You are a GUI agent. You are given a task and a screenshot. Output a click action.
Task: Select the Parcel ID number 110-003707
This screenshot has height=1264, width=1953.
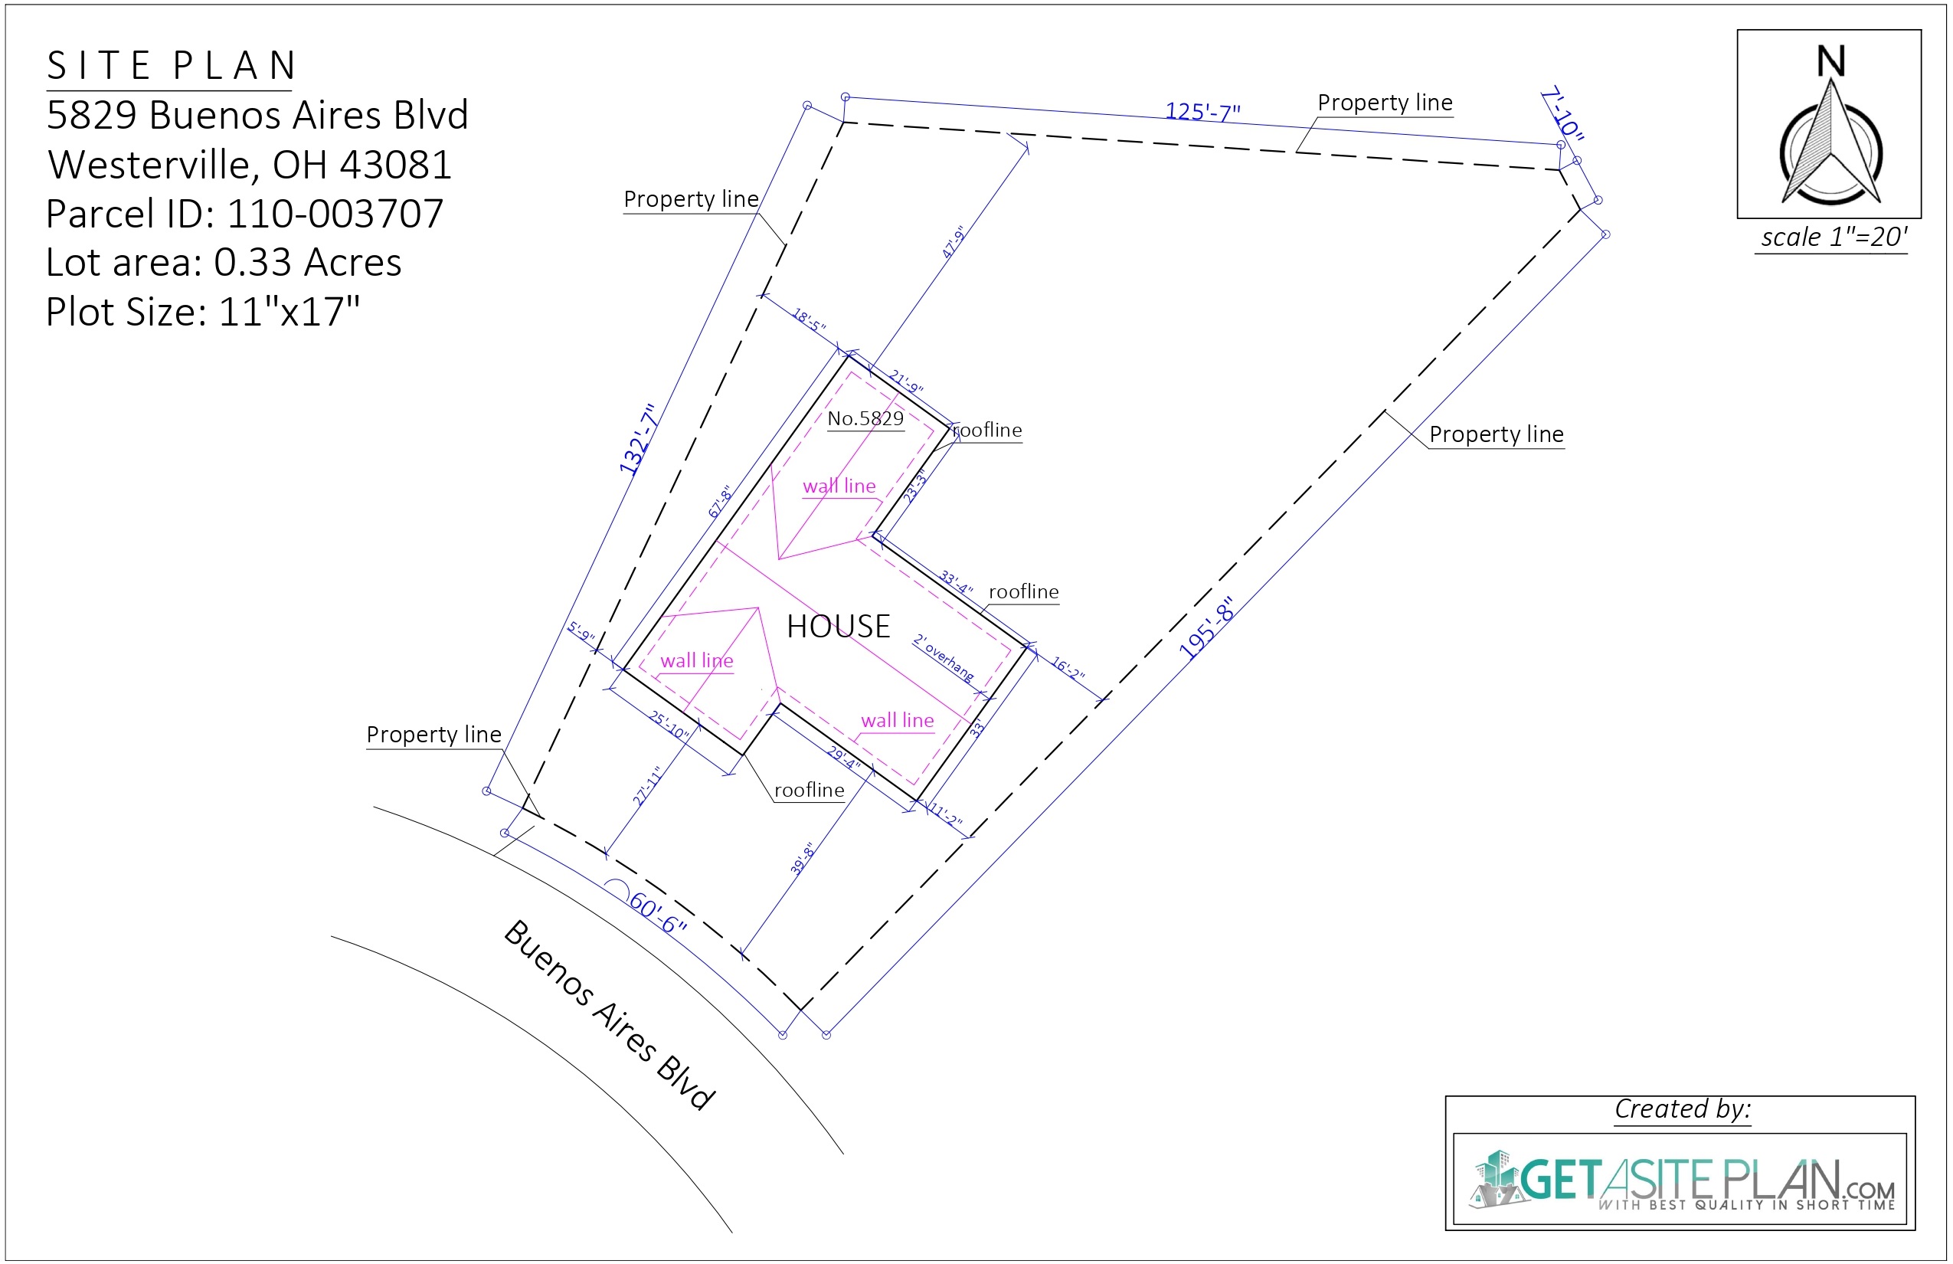click(335, 214)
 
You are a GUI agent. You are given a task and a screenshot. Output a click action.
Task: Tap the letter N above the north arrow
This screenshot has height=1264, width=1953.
click(1830, 61)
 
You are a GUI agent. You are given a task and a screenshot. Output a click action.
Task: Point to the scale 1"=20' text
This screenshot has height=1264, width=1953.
click(1834, 237)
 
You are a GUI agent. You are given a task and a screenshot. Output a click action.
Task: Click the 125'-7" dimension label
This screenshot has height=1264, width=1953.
click(1202, 111)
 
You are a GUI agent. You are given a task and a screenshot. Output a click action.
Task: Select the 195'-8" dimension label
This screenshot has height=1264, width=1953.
click(1205, 628)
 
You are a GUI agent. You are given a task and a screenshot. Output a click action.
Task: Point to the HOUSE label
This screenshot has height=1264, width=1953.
click(838, 627)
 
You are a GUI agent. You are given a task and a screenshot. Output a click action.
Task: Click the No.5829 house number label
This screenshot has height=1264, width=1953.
click(865, 418)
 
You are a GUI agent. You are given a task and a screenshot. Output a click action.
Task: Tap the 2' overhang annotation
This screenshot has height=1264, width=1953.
click(944, 657)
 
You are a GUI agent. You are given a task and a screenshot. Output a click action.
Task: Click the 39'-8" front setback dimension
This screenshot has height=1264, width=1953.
click(803, 859)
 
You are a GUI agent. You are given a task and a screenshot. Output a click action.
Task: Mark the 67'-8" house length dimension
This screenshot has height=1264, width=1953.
click(720, 502)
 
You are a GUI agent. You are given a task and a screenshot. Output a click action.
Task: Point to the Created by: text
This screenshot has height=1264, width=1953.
click(1682, 1109)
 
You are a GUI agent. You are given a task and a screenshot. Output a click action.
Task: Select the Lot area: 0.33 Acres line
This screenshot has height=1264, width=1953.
click(223, 263)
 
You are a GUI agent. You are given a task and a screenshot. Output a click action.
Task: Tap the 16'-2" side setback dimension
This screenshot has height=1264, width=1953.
click(1068, 668)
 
